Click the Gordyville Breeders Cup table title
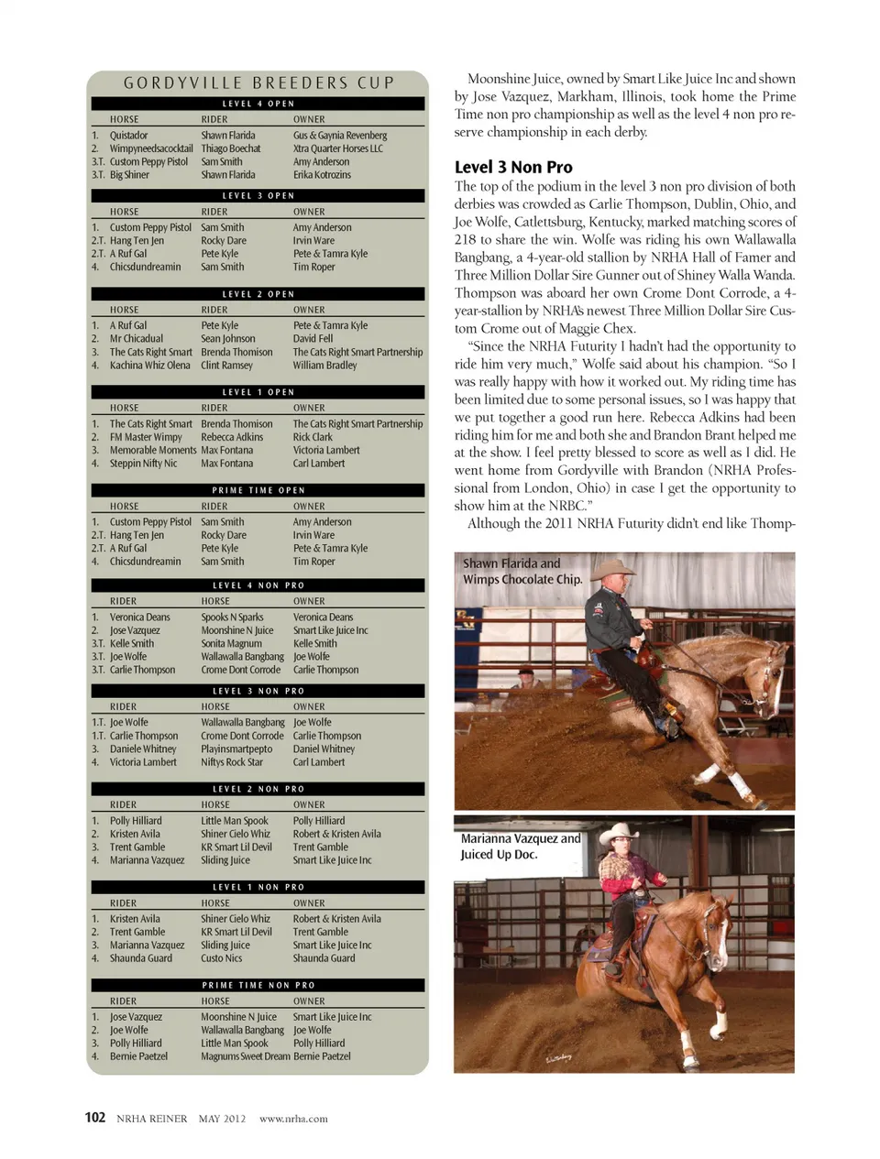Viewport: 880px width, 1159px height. point(258,83)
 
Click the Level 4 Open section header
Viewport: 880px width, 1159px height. point(258,104)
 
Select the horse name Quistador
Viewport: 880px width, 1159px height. point(128,136)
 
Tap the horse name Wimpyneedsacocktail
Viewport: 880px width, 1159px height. point(151,148)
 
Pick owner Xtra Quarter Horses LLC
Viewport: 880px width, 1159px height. point(337,148)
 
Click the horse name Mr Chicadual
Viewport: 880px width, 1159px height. point(137,339)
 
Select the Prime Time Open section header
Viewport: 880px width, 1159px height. point(258,490)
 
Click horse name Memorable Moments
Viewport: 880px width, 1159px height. point(153,451)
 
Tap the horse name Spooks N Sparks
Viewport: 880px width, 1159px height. point(232,618)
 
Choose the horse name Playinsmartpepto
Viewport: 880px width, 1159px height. point(236,749)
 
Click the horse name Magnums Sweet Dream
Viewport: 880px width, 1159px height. point(245,1056)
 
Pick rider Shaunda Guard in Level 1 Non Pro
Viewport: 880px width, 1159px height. point(140,958)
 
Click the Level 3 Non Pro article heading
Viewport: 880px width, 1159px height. point(513,167)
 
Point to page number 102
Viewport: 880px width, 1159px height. point(94,1118)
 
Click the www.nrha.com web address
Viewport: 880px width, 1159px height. point(293,1119)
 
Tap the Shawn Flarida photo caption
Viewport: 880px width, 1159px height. point(522,571)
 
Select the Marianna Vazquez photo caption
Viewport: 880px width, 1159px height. point(520,846)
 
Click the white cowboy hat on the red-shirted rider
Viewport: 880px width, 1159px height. point(618,833)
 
